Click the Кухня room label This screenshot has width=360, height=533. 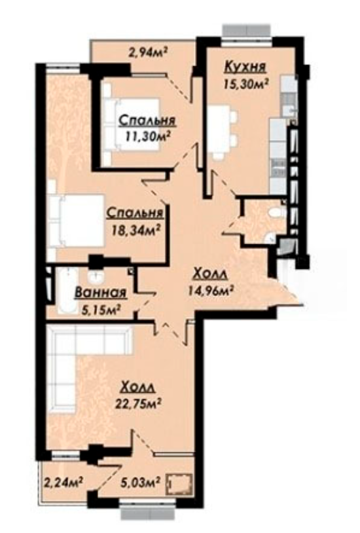(245, 67)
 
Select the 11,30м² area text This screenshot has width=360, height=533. (147, 137)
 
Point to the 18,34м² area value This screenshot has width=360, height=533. (136, 230)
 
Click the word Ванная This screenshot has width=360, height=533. (101, 292)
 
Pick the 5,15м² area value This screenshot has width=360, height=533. (101, 309)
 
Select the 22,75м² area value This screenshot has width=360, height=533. (137, 403)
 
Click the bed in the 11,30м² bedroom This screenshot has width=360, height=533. (130, 124)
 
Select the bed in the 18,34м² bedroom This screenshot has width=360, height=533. (76, 221)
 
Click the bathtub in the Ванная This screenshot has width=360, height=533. (67, 291)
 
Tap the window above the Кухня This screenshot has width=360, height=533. (247, 32)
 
